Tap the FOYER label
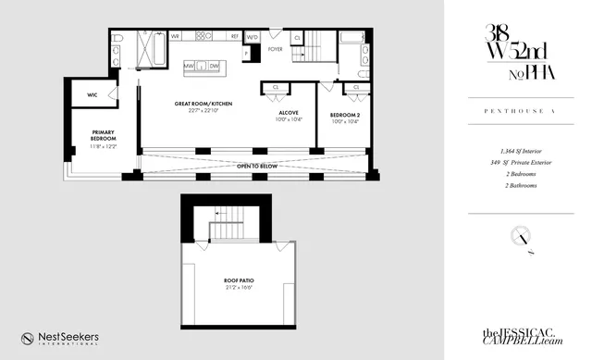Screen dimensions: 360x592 [276, 48]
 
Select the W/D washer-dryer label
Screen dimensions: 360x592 [252, 38]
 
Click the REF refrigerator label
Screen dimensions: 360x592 [235, 38]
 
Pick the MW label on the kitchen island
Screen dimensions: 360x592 [200, 67]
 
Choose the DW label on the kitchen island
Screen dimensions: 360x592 [214, 67]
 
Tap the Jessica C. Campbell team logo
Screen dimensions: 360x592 [523, 338]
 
